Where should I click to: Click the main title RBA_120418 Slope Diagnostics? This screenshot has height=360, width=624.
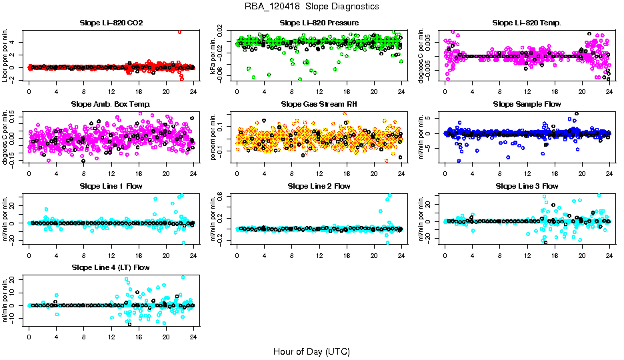click(312, 7)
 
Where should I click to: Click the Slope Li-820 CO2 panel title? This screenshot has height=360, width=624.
click(111, 23)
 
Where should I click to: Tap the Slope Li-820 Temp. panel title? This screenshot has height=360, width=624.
click(527, 23)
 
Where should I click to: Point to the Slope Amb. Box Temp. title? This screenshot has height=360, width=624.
click(111, 105)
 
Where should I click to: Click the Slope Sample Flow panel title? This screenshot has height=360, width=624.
click(527, 105)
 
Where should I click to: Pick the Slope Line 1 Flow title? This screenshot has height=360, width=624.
click(111, 186)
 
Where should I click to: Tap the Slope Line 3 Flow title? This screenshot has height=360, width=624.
click(527, 186)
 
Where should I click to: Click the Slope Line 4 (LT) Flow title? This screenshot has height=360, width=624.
click(111, 267)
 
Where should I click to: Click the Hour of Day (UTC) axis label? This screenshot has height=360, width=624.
click(311, 351)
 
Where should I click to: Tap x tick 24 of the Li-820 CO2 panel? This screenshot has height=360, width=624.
click(193, 91)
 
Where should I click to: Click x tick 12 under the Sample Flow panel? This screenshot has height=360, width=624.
click(527, 173)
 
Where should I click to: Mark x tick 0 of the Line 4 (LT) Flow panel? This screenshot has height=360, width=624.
click(29, 336)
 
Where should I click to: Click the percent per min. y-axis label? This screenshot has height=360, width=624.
click(215, 137)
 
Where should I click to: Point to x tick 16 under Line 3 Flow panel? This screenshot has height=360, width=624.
click(555, 254)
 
